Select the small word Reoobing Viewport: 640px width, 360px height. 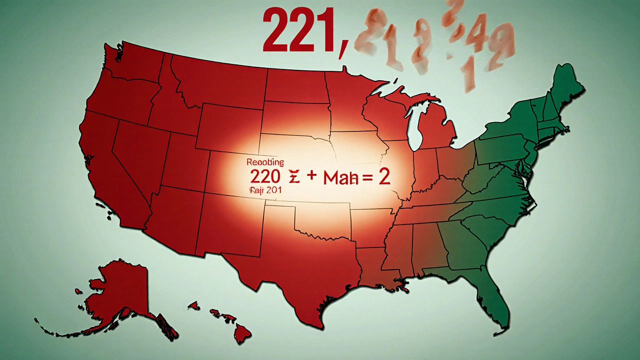[265, 162]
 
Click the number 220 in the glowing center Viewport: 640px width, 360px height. [264, 178]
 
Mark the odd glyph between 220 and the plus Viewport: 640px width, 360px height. [293, 179]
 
